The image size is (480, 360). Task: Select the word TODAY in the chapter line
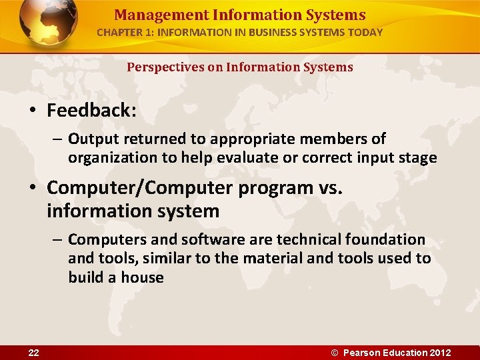[x=363, y=32]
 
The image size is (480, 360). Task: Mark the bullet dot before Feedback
[x=34, y=111]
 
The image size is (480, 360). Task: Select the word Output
[x=91, y=139]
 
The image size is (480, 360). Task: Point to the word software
[x=198, y=239]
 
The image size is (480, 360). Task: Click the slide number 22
[x=33, y=353]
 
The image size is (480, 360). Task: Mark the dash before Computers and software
[x=58, y=239]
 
